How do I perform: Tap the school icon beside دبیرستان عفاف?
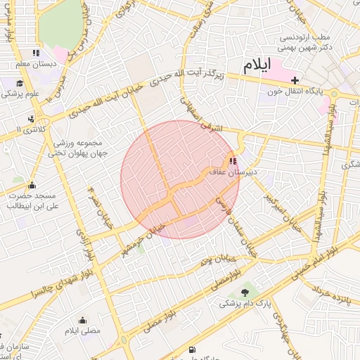click(x=233, y=160)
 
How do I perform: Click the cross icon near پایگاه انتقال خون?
click(x=295, y=80)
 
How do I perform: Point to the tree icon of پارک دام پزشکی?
click(x=245, y=292)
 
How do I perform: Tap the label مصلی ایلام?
click(x=83, y=330)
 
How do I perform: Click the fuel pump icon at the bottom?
click(x=193, y=349)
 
